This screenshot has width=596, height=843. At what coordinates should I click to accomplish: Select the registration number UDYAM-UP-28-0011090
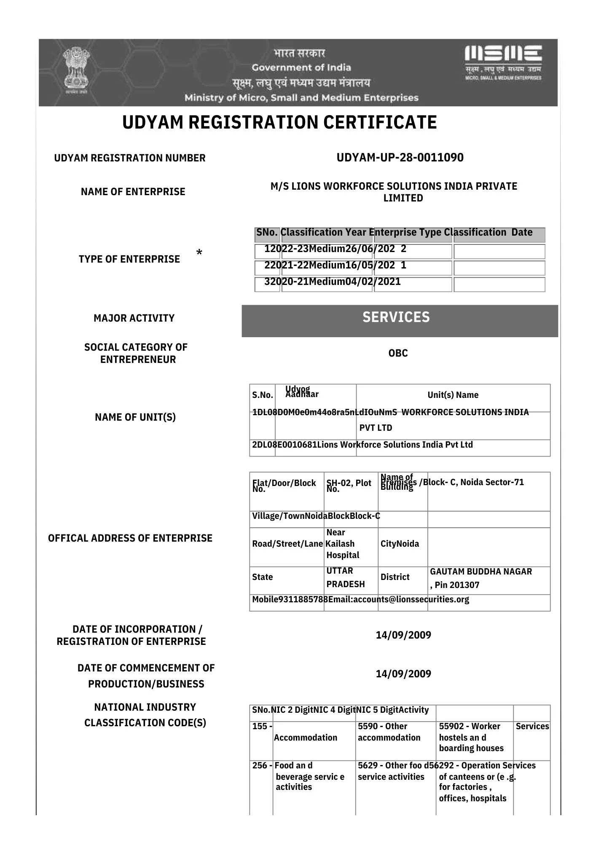[x=400, y=158]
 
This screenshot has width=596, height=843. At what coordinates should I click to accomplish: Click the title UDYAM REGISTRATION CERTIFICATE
[x=279, y=122]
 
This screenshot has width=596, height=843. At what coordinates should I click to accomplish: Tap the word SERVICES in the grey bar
[x=396, y=317]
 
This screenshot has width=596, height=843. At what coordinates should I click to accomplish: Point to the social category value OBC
[x=398, y=353]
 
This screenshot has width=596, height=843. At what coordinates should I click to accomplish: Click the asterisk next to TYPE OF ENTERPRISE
[x=199, y=253]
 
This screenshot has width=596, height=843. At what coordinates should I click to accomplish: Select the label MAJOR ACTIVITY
[x=134, y=318]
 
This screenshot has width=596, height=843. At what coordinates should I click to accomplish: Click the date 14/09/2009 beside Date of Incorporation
[x=403, y=635]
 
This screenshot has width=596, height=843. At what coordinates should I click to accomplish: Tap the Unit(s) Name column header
[x=453, y=395]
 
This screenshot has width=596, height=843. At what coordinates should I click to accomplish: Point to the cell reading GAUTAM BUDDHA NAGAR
[x=481, y=572]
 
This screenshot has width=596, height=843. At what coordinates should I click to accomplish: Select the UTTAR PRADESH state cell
[x=345, y=577]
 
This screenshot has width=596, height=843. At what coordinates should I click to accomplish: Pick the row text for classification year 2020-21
[x=332, y=282]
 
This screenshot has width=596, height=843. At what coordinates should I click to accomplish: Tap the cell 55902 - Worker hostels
[x=471, y=737]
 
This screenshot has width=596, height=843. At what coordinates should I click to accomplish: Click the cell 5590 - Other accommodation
[x=389, y=732]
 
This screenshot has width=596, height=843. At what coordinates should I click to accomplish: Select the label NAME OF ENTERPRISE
[x=133, y=192]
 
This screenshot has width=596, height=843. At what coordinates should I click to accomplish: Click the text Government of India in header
[x=301, y=67]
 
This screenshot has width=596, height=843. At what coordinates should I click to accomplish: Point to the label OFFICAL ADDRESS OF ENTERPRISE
[x=130, y=538]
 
